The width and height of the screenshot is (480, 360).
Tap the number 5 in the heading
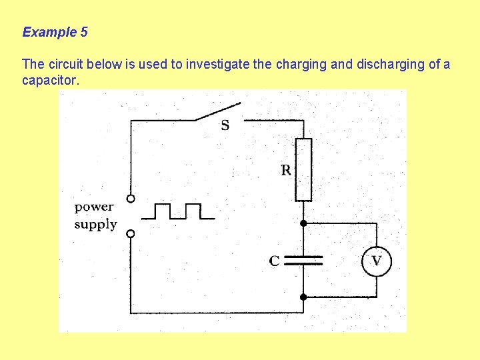point(83,32)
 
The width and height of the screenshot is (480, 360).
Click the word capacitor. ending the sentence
point(51,81)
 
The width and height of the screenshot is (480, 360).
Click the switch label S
point(225,125)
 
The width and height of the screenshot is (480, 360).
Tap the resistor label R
point(285,170)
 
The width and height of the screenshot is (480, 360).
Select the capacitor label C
point(274,261)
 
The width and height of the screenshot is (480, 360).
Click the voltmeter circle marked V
point(377,261)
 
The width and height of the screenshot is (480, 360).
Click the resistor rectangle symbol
point(303,169)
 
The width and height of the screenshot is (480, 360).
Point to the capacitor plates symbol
point(303,260)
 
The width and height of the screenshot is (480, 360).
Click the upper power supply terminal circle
point(131,198)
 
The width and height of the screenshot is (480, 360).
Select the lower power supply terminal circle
point(131,233)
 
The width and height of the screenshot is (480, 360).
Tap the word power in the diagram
point(94,207)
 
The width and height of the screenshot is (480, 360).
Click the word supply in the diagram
point(95,225)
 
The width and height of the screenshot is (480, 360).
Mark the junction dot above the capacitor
point(303,223)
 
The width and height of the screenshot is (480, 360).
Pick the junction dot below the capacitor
point(303,297)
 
